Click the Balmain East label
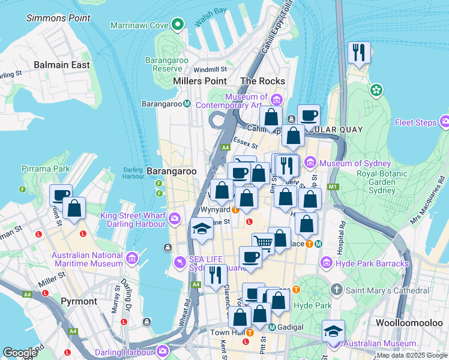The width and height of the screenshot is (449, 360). coord(62,65)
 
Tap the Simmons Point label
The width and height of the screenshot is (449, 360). coord(66,18)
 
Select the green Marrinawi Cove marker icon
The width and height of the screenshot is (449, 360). coord(177,25)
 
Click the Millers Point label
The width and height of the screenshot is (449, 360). coord(199,81)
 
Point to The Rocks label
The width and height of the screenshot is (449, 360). coord(262,81)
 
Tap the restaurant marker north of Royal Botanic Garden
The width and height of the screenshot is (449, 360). coord(359,52)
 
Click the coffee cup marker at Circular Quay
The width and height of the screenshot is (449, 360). coord(309,116)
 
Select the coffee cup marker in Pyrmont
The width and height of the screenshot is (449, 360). coord(61,196)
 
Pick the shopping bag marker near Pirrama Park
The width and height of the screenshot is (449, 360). coord(74,209)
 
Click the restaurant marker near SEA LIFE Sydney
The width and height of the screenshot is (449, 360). coord(215,275)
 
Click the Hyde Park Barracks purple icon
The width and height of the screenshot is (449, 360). coord(327,263)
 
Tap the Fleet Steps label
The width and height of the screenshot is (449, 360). coord(415,123)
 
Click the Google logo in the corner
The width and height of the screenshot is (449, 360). coord(19,352)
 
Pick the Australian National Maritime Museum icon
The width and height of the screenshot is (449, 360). coord(131,259)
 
